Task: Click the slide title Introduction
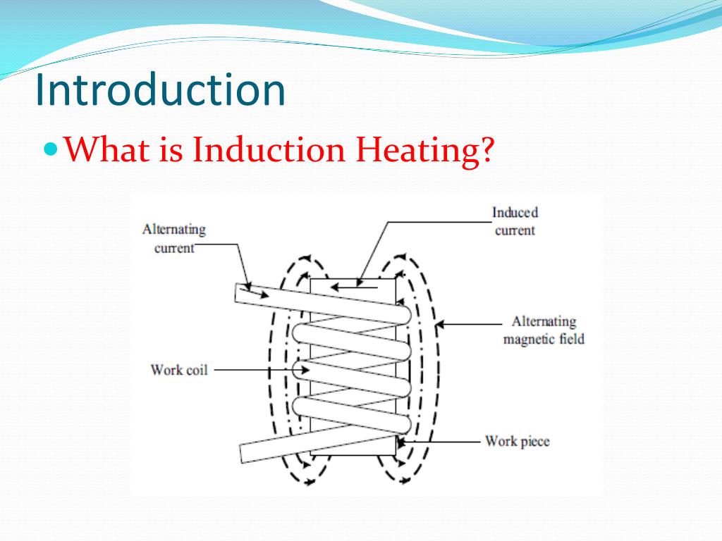(x=161, y=90)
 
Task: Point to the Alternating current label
(x=173, y=238)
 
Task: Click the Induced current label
(x=515, y=221)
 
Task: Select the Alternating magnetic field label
(x=543, y=330)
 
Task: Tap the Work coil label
(x=179, y=370)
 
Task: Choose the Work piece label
(x=517, y=442)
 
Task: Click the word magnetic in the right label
(x=528, y=340)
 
